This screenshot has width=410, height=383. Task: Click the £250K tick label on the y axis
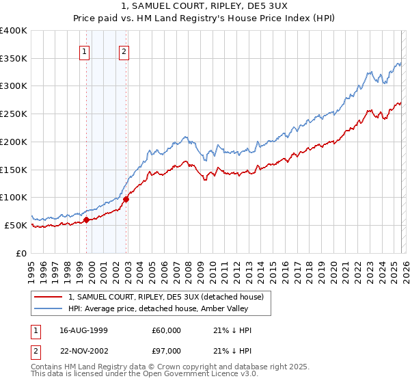[x=14, y=114]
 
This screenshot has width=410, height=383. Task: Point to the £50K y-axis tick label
[x=16, y=225]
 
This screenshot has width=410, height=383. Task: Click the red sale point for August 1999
[x=87, y=220]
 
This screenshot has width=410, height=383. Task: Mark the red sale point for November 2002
[x=126, y=199]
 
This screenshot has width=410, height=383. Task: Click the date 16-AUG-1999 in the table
[x=83, y=330]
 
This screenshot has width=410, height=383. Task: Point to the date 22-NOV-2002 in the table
[x=83, y=350]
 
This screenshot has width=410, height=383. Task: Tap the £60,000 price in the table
[x=167, y=330]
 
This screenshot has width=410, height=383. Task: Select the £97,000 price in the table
[x=167, y=350]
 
